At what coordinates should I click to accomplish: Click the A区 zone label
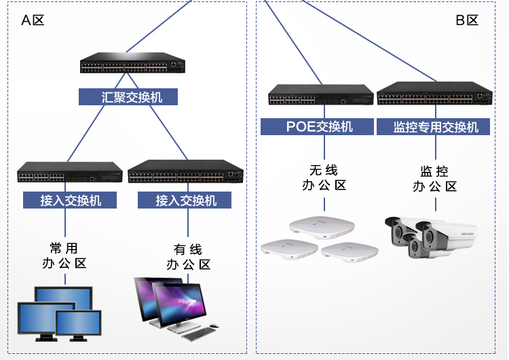click(33, 20)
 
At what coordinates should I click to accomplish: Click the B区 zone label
click(467, 20)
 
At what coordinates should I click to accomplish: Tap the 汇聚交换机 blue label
click(128, 97)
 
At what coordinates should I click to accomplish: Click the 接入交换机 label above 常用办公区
click(70, 200)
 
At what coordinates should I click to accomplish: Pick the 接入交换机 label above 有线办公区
click(184, 200)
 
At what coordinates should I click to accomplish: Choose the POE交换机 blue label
click(317, 127)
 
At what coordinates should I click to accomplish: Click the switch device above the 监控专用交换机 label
click(434, 95)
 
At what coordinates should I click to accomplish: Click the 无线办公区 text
click(324, 178)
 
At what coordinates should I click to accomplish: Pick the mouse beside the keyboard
click(214, 326)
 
